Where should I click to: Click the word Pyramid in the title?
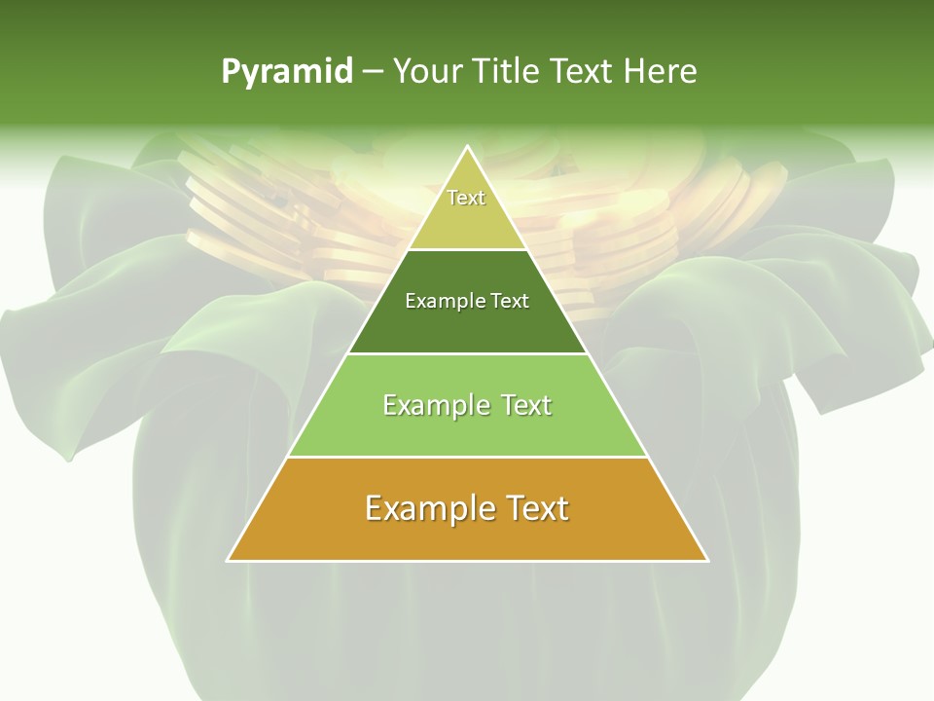tap(286, 72)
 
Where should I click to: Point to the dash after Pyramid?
tap(372, 72)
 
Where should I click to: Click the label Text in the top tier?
tap(466, 198)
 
